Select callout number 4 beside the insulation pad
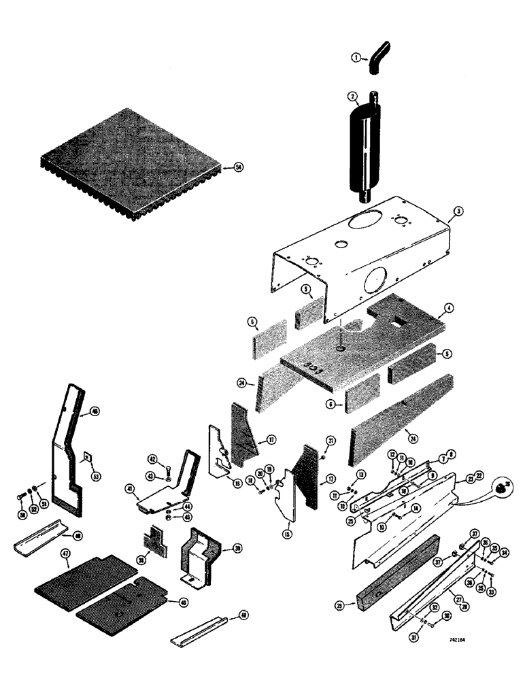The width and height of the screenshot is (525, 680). (450, 308)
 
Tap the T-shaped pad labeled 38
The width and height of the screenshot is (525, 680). (152, 545)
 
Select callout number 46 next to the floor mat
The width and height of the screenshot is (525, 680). (182, 602)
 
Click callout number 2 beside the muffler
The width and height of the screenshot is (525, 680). (352, 97)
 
